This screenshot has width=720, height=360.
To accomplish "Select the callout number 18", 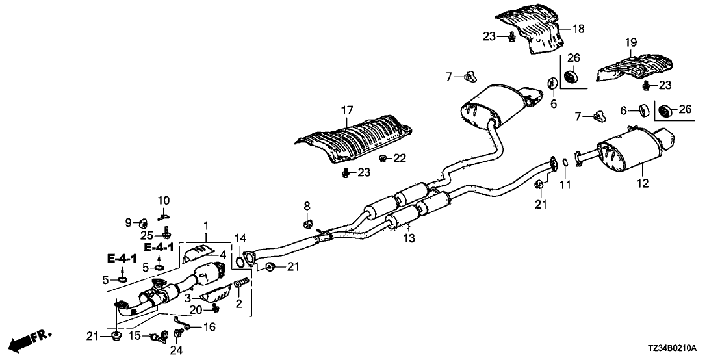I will (x=578, y=28).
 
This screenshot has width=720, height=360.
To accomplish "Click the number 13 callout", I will (x=409, y=239).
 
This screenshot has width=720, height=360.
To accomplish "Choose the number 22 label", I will (x=399, y=157).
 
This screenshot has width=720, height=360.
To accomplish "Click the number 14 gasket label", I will (x=240, y=238).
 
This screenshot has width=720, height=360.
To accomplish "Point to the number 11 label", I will (x=565, y=186).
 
